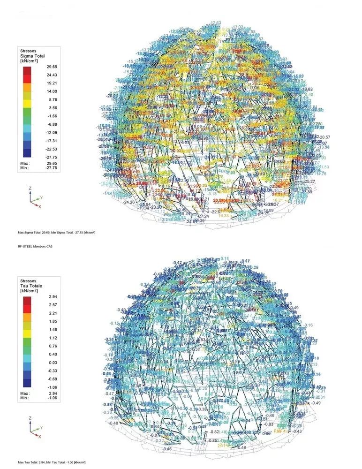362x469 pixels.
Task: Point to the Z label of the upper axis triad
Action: coord(30,188)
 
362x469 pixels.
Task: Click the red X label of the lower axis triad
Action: coord(40,437)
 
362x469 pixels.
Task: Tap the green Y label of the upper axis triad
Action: coord(42,198)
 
